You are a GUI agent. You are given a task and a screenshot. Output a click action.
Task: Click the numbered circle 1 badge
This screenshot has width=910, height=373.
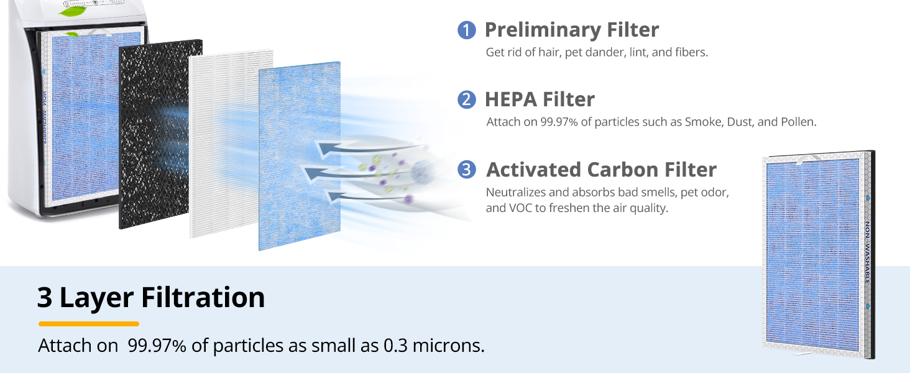[x=466, y=30]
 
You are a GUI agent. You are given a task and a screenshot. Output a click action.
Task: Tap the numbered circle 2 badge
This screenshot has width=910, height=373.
[x=466, y=99]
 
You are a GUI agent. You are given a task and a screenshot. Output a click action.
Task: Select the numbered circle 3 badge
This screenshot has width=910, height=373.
[x=466, y=170]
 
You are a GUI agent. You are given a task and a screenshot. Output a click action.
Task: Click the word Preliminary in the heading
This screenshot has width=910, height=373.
[x=543, y=30]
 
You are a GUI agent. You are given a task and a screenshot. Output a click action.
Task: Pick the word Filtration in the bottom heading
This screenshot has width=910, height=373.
[x=203, y=297]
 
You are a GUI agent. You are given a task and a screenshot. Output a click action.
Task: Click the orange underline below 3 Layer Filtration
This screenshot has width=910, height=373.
[x=88, y=324]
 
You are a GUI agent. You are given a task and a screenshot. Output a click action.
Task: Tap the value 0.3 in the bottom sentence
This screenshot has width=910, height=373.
[x=395, y=346]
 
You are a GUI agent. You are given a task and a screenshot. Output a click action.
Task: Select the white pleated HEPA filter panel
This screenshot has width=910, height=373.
[x=227, y=144]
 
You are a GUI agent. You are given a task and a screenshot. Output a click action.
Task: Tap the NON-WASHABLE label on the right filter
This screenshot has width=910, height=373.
[x=867, y=252]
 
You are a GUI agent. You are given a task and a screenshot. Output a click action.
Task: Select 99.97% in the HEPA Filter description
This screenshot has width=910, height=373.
[x=559, y=122]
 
